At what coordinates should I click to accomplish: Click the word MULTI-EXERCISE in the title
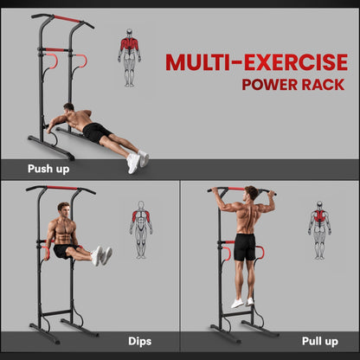(256, 62)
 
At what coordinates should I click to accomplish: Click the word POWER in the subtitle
(272, 85)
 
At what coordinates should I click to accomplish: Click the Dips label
(139, 341)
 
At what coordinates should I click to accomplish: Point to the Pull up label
(319, 341)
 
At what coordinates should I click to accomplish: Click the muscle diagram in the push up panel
(129, 61)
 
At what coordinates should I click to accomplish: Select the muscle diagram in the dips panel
(140, 230)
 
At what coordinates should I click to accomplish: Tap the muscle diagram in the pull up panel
(319, 230)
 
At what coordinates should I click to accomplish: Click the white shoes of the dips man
(103, 255)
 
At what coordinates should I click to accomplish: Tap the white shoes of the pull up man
(241, 302)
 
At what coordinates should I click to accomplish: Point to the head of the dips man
(62, 209)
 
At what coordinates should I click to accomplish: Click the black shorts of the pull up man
(245, 247)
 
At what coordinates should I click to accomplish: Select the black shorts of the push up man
(97, 132)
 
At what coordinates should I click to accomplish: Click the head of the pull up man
(251, 192)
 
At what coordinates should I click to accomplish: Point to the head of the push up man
(68, 109)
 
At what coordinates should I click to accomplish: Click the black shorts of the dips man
(62, 251)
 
